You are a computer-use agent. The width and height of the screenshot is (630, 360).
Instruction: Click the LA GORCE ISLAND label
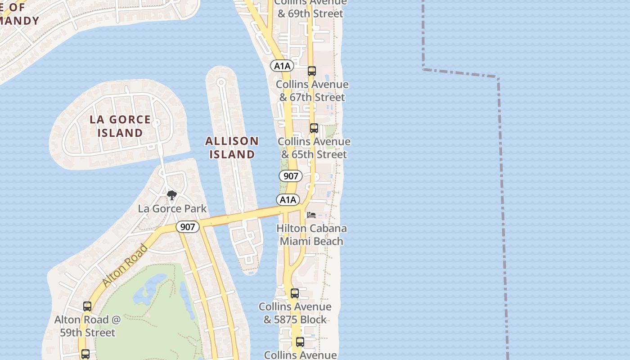tap(120, 126)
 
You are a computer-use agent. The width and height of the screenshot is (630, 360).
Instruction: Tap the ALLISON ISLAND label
tap(232, 148)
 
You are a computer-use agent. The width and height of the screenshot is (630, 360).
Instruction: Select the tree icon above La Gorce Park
tap(171, 195)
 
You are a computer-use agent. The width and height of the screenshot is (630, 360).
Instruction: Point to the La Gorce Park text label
tap(172, 208)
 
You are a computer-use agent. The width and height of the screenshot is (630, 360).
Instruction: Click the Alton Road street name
tap(125, 265)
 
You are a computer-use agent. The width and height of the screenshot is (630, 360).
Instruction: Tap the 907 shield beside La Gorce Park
tap(187, 227)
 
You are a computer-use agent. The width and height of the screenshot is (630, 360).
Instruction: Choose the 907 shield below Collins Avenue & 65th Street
tap(291, 176)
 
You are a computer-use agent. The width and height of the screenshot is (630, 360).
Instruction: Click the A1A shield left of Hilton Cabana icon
tap(288, 199)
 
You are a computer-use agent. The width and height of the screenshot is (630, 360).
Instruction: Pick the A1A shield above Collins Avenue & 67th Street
tap(282, 66)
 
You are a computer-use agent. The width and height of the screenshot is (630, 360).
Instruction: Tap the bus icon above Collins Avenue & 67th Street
tap(312, 71)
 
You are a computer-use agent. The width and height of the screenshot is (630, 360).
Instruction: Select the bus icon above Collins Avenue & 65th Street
tap(314, 128)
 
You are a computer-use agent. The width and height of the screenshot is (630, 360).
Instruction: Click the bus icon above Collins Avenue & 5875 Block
tap(295, 293)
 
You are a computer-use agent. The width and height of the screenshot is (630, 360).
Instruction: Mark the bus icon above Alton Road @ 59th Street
tap(87, 306)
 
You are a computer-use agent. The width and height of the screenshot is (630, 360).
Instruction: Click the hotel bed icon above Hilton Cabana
tap(311, 215)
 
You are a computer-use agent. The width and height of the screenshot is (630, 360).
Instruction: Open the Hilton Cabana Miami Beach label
tap(311, 234)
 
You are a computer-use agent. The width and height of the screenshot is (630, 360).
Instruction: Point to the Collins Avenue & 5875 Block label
tap(295, 313)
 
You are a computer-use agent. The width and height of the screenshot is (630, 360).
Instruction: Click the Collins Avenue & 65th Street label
tap(314, 148)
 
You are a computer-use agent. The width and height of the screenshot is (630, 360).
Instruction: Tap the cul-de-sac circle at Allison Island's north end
tap(221, 82)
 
